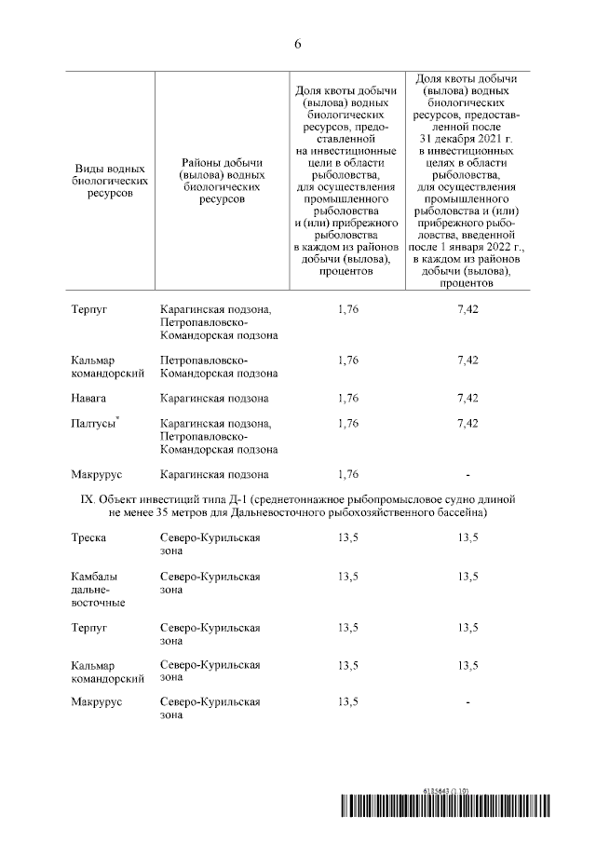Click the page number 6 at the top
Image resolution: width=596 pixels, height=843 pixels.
(298, 44)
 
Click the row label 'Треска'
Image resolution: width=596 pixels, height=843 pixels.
(88, 537)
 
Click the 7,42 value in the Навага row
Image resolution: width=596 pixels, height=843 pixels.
(467, 398)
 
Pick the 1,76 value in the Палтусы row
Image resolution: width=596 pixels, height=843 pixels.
(347, 424)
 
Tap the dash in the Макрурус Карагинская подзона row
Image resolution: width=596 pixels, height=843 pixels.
(467, 474)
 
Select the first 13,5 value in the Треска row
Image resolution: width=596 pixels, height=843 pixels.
(347, 537)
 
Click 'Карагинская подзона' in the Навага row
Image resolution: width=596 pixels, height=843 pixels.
(214, 398)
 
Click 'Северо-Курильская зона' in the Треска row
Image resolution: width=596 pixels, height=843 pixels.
(210, 544)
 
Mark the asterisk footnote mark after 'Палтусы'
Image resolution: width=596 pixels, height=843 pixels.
(117, 420)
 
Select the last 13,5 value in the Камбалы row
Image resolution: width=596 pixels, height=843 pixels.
(467, 577)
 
